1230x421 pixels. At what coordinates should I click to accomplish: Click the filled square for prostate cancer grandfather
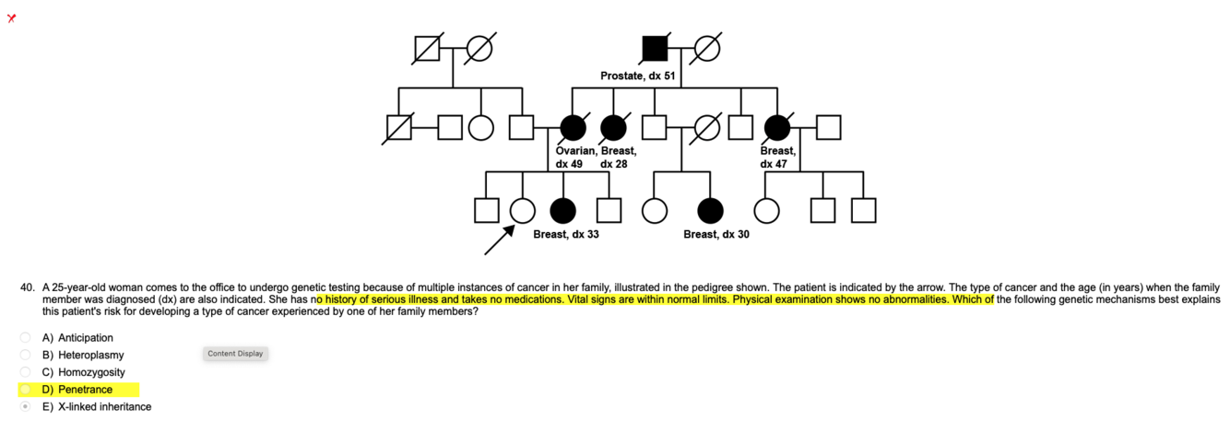pos(655,48)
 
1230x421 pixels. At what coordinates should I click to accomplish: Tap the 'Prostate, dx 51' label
pos(638,76)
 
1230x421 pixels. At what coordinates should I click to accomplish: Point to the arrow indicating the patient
pos(499,239)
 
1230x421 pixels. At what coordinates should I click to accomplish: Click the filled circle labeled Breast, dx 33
pos(562,211)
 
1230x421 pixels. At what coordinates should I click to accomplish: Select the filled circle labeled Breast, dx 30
pos(710,211)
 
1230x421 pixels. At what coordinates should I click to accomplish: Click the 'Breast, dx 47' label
pos(778,158)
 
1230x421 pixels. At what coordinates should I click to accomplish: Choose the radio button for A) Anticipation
pos(26,338)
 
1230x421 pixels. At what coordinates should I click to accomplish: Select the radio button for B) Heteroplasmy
pos(26,355)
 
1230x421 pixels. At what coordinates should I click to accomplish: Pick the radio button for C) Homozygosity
pos(26,372)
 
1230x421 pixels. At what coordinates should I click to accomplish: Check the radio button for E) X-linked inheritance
pos(26,406)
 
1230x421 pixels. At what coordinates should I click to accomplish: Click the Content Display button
pos(235,354)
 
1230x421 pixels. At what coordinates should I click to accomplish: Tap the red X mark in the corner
pos(11,18)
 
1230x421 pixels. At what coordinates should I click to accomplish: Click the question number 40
pos(28,287)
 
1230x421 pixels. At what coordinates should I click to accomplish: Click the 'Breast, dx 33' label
pos(566,235)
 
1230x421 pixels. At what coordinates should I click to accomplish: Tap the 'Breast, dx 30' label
pos(716,235)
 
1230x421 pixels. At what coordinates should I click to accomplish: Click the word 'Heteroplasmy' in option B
pos(90,355)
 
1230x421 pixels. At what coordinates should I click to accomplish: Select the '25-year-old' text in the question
pos(80,287)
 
